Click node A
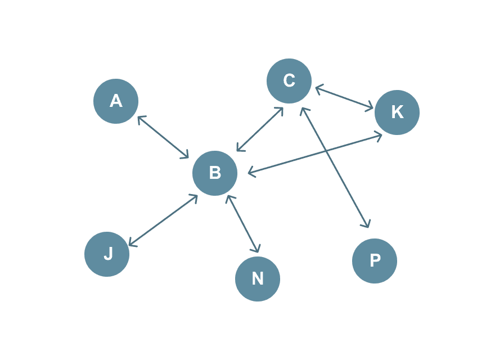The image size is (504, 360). [x=116, y=101]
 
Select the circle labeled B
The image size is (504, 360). [x=215, y=173]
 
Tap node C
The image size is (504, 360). [x=289, y=81]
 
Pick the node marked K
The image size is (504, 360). [x=397, y=112]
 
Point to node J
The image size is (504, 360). [x=107, y=254]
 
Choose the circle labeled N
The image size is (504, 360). [x=258, y=279]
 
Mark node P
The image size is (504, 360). [x=375, y=261]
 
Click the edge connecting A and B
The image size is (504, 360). [x=163, y=137]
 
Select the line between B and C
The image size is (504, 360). [x=260, y=129]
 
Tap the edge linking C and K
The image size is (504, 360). [x=344, y=97]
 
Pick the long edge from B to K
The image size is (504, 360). [x=315, y=153]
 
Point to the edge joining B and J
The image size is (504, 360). [x=163, y=220]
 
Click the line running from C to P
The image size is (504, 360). [x=335, y=167]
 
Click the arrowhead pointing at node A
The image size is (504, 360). [x=139, y=118]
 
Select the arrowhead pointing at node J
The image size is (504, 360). [x=131, y=243]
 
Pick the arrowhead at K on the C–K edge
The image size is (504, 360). [x=371, y=106]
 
